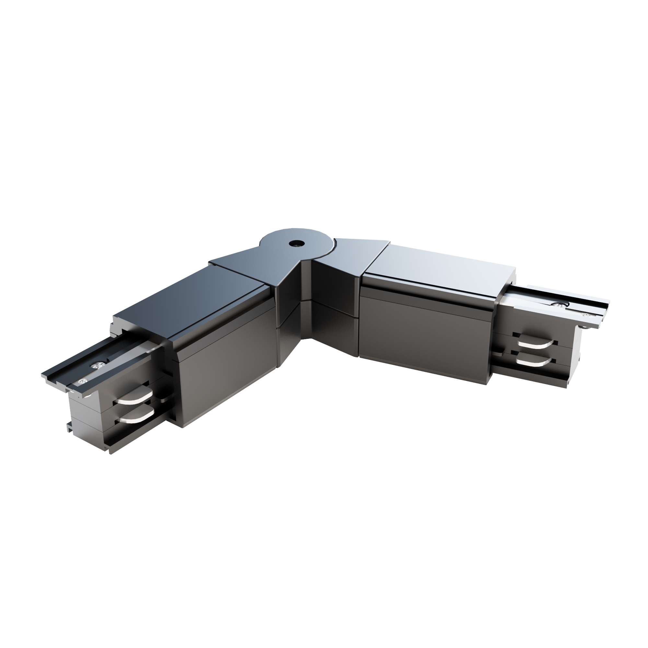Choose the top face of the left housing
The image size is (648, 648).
[x=188, y=295]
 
